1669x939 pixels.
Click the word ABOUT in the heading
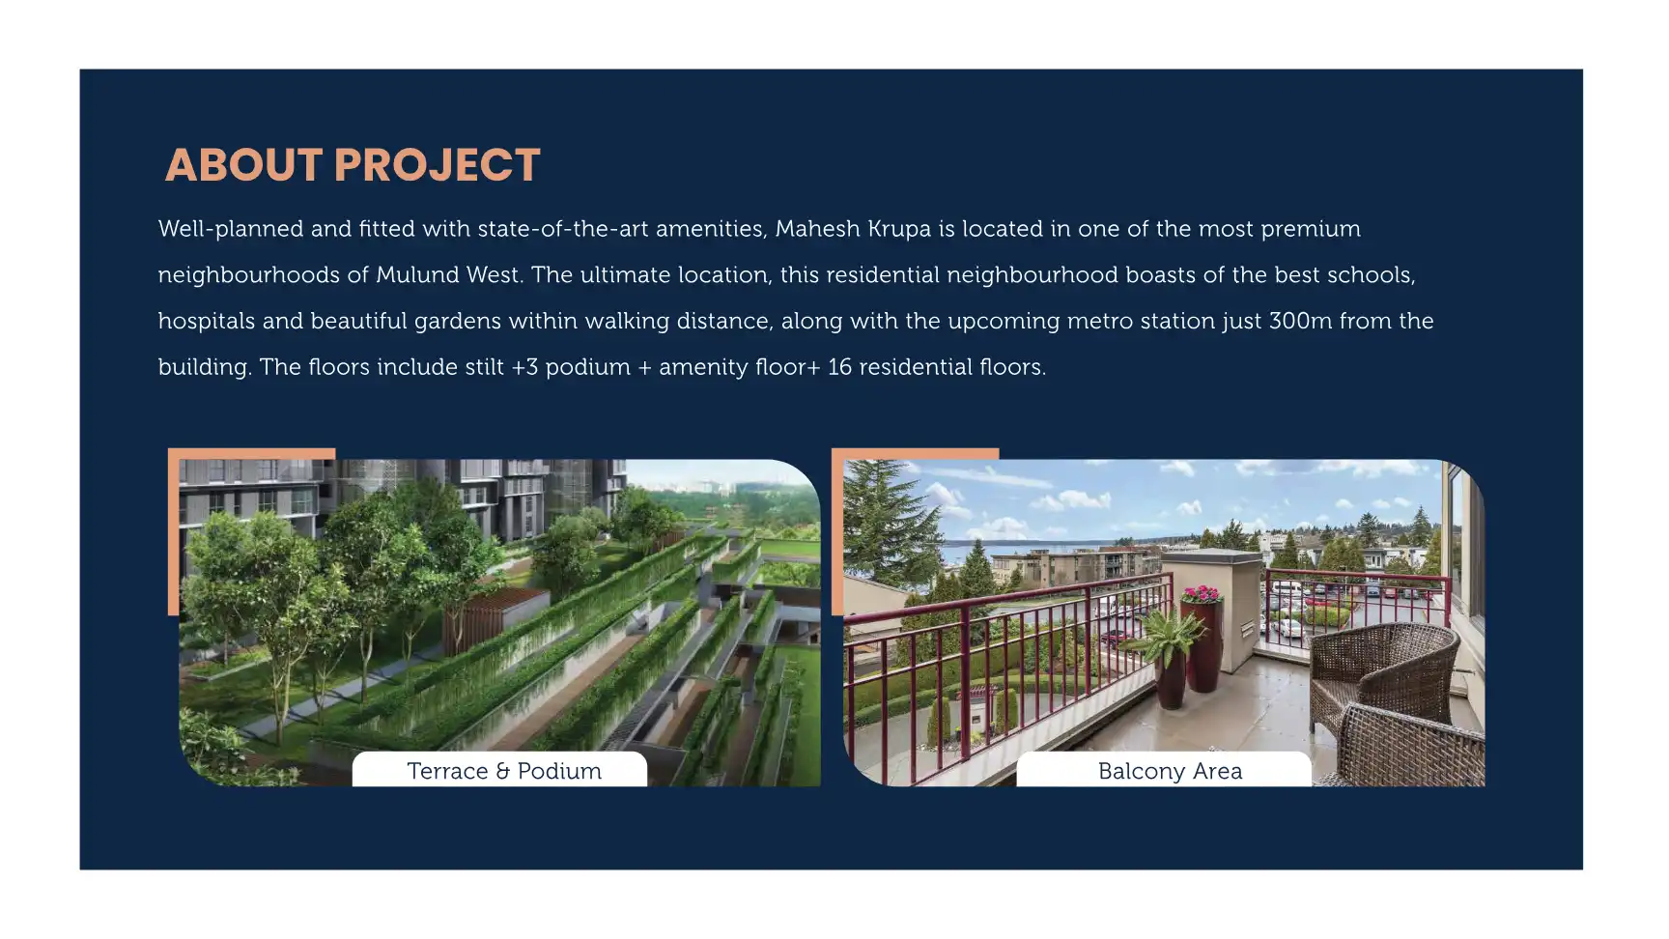pos(243,165)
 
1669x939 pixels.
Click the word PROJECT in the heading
pos(437,165)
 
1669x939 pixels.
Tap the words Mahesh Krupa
pos(853,229)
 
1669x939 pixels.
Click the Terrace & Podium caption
pos(504,771)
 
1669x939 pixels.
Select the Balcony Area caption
pos(1170,771)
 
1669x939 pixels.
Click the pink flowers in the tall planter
pos(1202,594)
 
